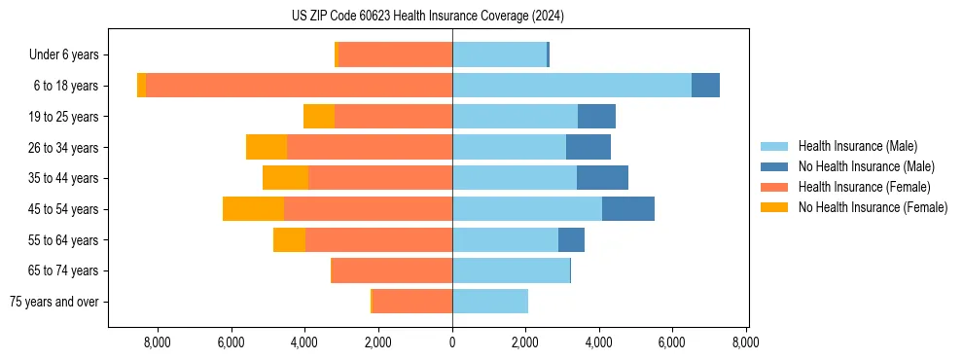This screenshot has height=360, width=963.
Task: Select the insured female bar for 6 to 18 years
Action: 299,86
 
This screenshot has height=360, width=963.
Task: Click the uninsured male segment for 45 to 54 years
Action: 628,209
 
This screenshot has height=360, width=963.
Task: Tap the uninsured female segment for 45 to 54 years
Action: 253,209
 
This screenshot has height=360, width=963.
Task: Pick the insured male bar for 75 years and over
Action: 490,302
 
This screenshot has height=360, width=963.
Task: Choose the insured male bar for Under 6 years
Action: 499,54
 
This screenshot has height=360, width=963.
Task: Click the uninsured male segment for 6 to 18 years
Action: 705,86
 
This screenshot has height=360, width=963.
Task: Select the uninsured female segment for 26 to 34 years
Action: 267,147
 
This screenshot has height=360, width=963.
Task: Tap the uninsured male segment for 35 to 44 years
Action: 602,178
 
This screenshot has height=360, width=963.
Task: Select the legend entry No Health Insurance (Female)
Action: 873,207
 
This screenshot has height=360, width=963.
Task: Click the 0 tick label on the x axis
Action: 452,342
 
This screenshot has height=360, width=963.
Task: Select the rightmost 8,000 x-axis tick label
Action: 746,342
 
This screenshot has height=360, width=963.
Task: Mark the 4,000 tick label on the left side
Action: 304,342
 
